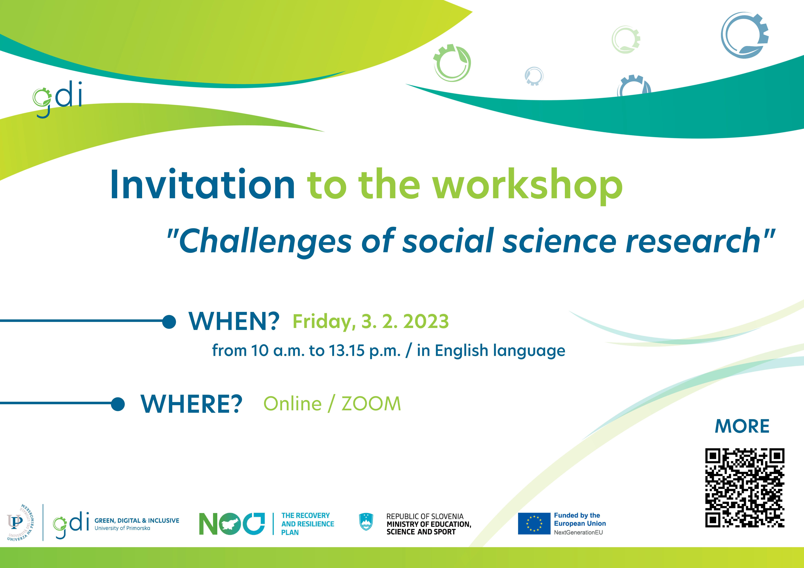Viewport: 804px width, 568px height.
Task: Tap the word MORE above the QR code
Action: pyautogui.click(x=742, y=426)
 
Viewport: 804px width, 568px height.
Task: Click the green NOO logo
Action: pyautogui.click(x=232, y=524)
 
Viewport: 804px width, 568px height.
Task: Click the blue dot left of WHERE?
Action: pyautogui.click(x=118, y=404)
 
